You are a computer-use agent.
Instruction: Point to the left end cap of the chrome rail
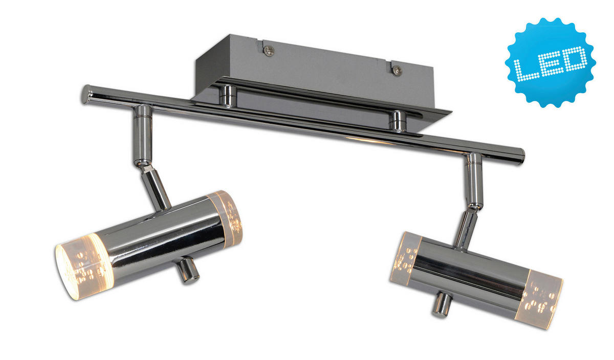pos(85,95)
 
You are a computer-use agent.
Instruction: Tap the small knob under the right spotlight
pos(442,304)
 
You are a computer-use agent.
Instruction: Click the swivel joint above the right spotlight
pos(474,205)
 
